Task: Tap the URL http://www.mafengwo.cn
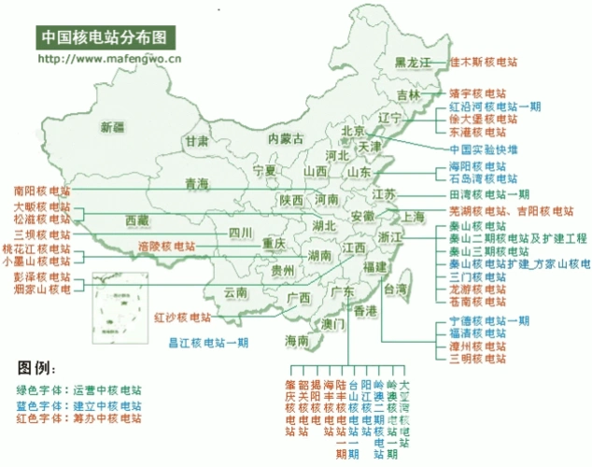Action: click(109, 58)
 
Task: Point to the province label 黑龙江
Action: click(415, 63)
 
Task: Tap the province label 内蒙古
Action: click(285, 138)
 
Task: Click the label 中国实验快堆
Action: click(483, 149)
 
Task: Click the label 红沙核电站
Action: click(183, 317)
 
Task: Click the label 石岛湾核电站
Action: click(479, 177)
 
